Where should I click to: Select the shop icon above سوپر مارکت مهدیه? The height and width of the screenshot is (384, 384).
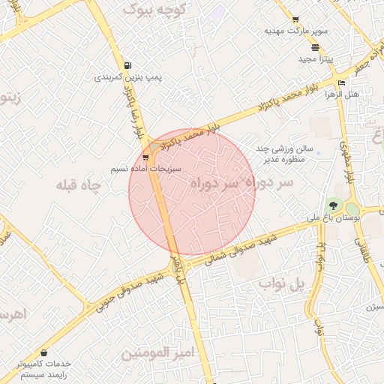pos(295,19)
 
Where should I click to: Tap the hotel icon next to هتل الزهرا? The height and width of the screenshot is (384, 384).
pos(342,82)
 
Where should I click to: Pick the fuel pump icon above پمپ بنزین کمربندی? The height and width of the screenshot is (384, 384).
pos(127,65)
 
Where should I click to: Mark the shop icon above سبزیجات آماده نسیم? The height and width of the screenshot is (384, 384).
pos(145,157)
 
